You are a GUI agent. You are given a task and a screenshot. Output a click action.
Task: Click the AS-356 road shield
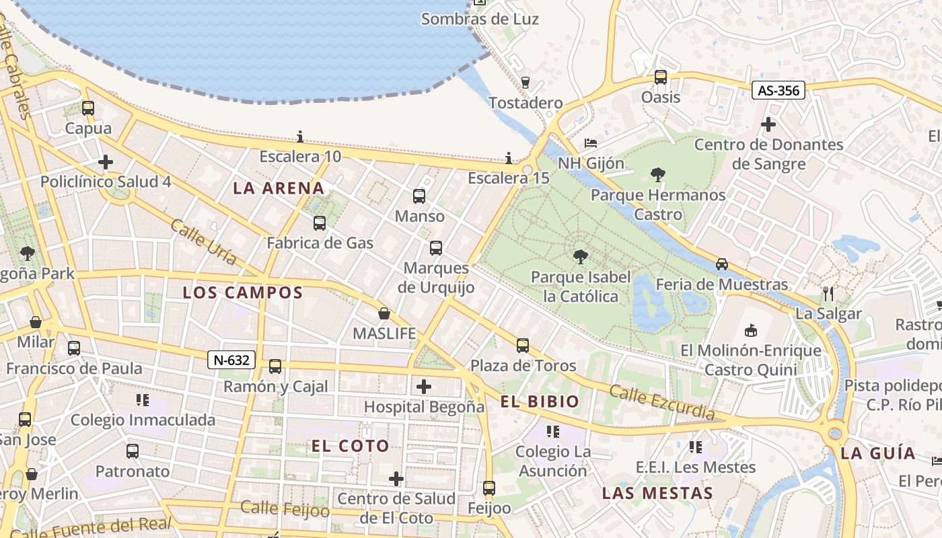[x=778, y=90]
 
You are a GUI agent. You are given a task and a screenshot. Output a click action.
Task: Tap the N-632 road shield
[x=231, y=360]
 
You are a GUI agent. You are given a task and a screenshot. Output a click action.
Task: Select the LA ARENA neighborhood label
[x=279, y=188]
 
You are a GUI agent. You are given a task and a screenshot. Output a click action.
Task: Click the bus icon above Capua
[x=88, y=108]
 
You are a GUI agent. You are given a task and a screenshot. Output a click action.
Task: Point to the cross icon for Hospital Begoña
[x=424, y=387]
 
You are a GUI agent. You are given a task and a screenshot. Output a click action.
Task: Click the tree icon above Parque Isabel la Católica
[x=580, y=256]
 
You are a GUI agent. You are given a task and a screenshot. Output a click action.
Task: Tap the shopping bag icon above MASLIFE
[x=384, y=313]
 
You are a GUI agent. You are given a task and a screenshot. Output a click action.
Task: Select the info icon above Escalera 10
[x=300, y=137]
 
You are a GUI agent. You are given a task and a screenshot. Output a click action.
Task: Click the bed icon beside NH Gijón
[x=590, y=143]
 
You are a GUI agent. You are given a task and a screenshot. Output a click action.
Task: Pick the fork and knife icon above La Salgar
[x=828, y=293]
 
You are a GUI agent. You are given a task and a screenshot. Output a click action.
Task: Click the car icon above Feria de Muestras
[x=722, y=264]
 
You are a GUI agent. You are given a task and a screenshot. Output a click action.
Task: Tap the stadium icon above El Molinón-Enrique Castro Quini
[x=751, y=330]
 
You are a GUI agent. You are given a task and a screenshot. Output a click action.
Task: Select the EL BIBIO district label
[x=539, y=402]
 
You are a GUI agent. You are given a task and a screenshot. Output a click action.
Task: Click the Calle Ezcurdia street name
[x=661, y=401]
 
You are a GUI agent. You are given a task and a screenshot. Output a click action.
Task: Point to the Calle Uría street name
[x=203, y=241]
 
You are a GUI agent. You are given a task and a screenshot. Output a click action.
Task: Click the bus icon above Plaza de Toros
[x=523, y=346]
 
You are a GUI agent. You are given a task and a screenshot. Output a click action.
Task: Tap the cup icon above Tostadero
[x=526, y=83]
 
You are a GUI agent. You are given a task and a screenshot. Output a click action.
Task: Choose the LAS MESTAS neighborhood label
[x=657, y=493]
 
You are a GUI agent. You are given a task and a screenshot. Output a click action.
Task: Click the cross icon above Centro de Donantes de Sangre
[x=768, y=124]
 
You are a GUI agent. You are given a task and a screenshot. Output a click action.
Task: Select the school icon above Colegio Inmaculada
[x=143, y=400]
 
